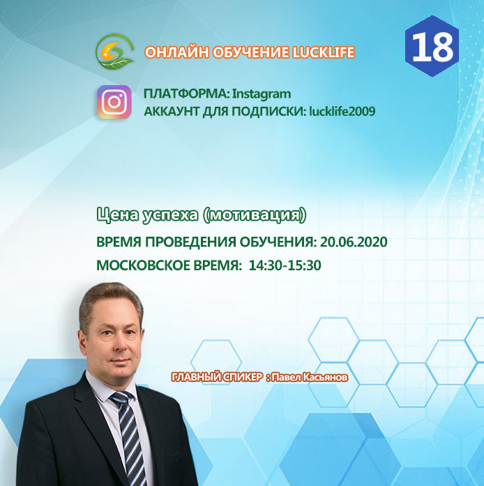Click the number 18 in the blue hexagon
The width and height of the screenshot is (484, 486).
point(432,47)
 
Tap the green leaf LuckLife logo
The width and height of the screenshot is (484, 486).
point(115,52)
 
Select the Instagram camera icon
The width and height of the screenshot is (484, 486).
point(114,102)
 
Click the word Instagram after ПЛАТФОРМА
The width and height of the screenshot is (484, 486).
point(262,94)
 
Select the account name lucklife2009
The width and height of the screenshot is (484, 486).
point(342,111)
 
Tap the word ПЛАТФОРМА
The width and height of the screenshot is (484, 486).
point(186,94)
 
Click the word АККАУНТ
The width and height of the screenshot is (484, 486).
point(172,111)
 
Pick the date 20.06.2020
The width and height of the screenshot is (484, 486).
point(354,242)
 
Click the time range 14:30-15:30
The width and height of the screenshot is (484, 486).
point(285,265)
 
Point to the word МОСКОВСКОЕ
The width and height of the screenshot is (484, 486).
point(143,265)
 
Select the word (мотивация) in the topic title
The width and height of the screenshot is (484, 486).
point(255,215)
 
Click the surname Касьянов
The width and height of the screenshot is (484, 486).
point(324,377)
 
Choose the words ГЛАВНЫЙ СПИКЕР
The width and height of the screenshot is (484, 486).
point(217,377)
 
